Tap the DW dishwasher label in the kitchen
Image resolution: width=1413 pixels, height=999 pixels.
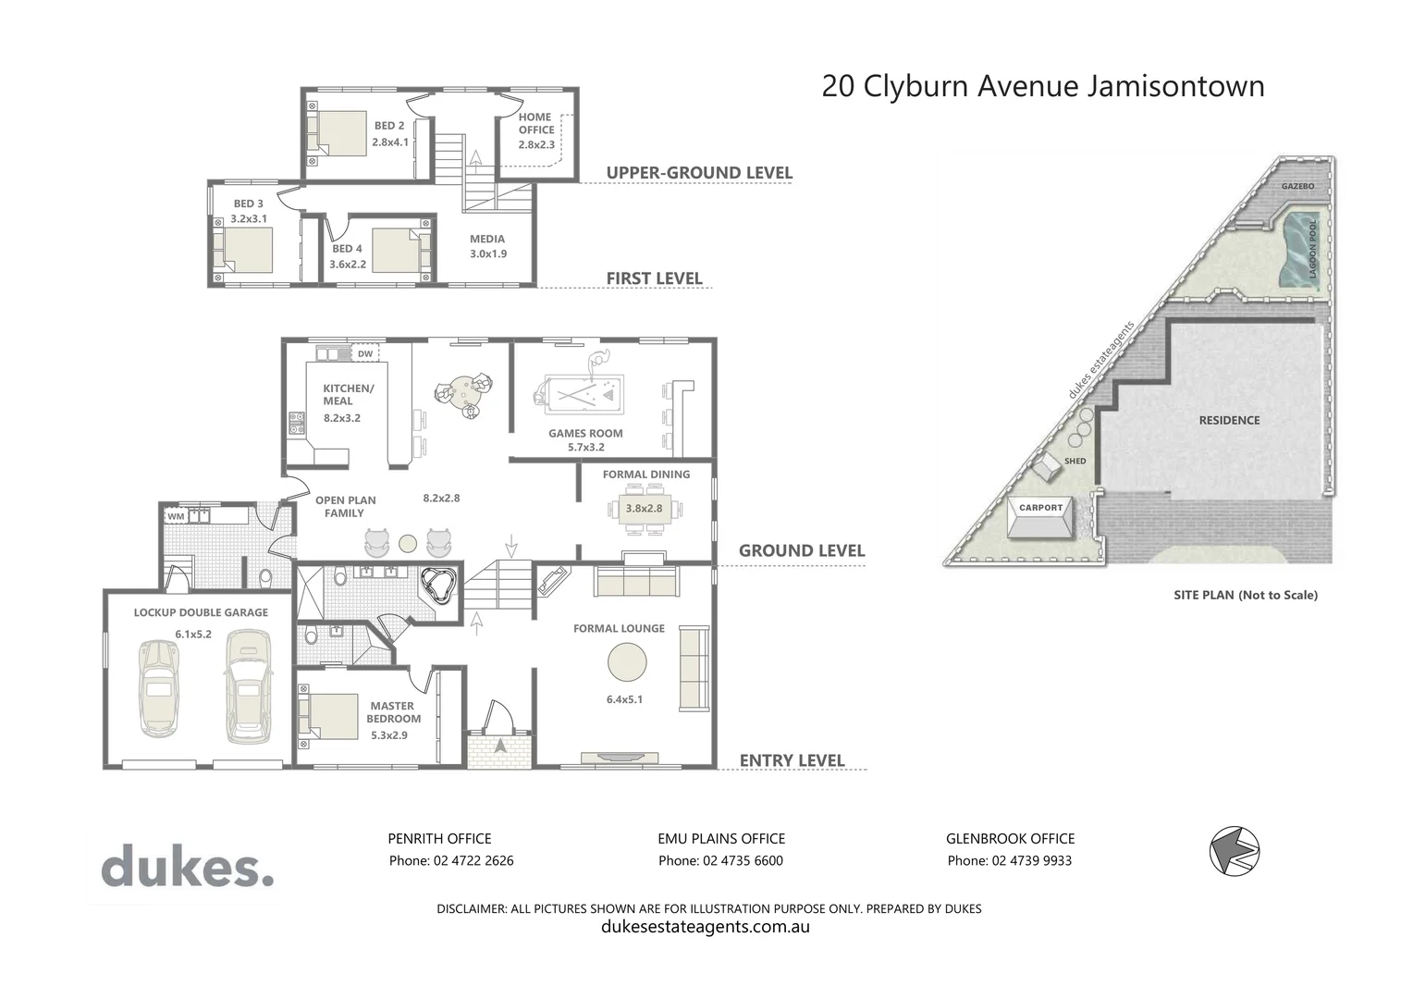pos(365,354)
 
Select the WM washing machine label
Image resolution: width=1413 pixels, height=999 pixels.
pos(176,516)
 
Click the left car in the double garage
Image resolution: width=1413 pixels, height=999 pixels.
pos(158,688)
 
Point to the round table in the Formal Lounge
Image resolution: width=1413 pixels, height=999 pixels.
pos(628,661)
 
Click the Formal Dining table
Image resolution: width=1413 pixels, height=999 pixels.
pos(645,509)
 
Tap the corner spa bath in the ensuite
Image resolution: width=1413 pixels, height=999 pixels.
pos(439,586)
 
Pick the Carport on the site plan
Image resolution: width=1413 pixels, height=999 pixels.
pos(1041,521)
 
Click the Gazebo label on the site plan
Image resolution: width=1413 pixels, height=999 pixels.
pos(1297,186)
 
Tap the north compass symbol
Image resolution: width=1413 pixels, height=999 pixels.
pos(1235,849)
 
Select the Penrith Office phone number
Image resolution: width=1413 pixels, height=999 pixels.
pos(450,860)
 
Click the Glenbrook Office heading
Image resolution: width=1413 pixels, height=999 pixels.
pos(1010,838)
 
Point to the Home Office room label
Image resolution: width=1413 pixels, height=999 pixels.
pos(535,123)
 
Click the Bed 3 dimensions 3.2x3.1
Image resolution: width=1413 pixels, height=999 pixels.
pos(249,219)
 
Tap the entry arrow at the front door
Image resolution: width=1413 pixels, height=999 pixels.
pos(501,745)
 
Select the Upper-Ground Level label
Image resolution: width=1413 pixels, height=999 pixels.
pos(699,173)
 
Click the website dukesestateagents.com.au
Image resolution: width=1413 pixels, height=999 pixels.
pos(705,926)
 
